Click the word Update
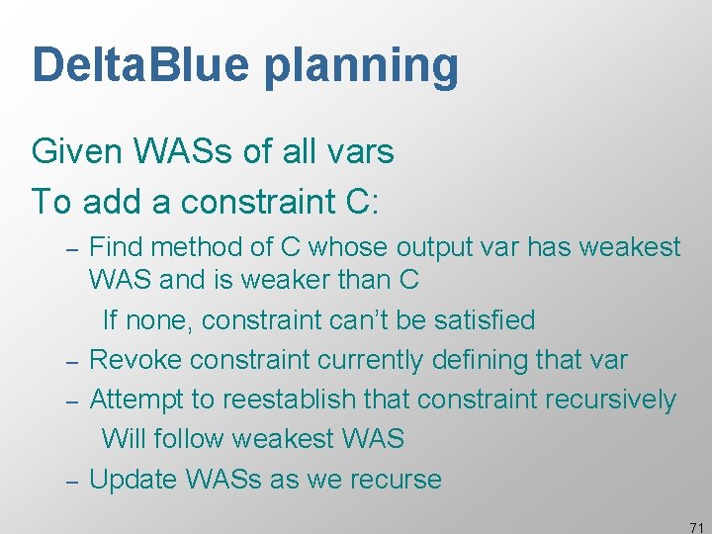tap(135, 480)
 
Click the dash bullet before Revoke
tap(71, 361)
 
